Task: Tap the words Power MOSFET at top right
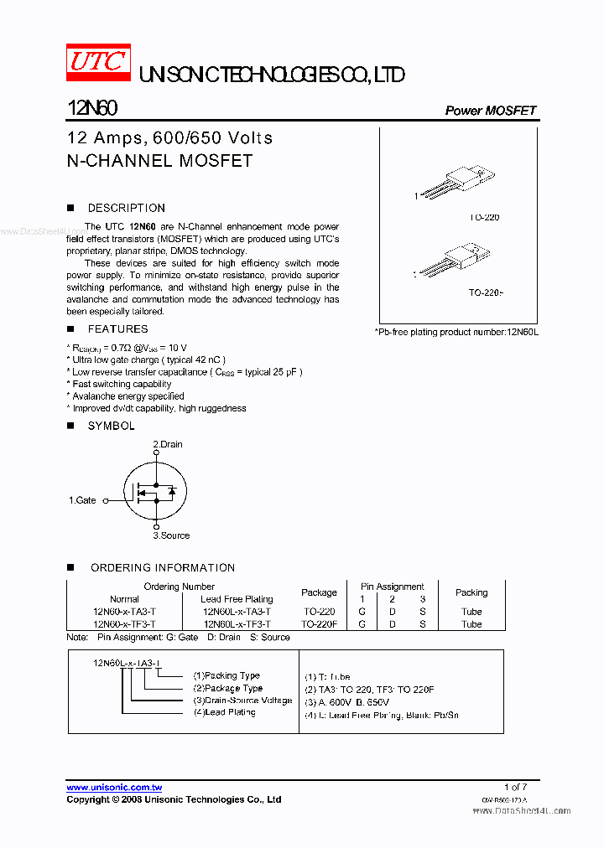pyautogui.click(x=490, y=111)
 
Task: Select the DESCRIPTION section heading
pyautogui.click(x=126, y=208)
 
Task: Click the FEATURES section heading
pyautogui.click(x=117, y=329)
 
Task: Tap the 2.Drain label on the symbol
pyautogui.click(x=167, y=444)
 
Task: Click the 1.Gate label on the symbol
pyautogui.click(x=82, y=500)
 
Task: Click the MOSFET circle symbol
pyautogui.click(x=155, y=491)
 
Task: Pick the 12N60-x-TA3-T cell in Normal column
pyautogui.click(x=124, y=612)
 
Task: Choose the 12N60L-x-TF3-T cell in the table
pyautogui.click(x=237, y=624)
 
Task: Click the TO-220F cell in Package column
pyautogui.click(x=319, y=624)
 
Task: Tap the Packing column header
pyautogui.click(x=471, y=592)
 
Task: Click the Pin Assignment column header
pyautogui.click(x=393, y=587)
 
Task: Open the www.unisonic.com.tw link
pyautogui.click(x=114, y=788)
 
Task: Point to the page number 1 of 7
pyautogui.click(x=515, y=787)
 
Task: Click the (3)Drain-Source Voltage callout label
pyautogui.click(x=242, y=701)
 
